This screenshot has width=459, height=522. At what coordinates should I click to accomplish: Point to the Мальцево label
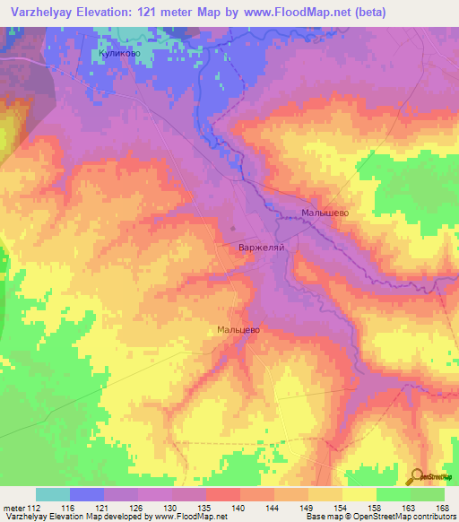(238, 330)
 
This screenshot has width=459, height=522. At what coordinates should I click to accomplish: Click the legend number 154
(342, 508)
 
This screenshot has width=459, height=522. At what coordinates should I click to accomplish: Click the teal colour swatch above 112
(53, 494)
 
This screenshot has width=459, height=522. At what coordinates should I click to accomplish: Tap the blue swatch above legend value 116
(87, 494)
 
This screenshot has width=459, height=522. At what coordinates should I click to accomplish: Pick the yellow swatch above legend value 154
(325, 494)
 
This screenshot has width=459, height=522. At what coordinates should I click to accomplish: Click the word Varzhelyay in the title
(39, 12)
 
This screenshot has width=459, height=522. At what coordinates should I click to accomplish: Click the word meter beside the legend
(13, 508)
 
